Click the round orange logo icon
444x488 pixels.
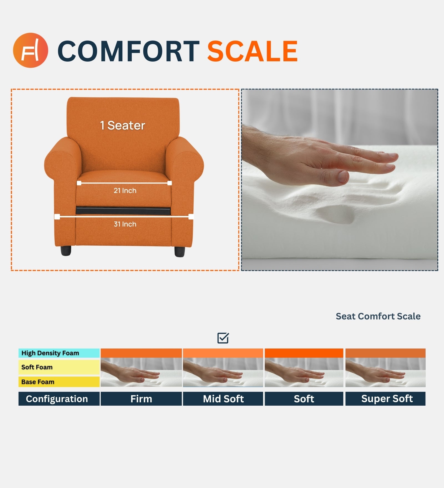31,50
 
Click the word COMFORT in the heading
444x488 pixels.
128,51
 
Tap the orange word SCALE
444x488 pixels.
253,51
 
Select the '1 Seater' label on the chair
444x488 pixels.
123,126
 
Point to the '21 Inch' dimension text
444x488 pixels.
125,191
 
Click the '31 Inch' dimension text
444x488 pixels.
125,224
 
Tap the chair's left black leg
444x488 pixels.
66,251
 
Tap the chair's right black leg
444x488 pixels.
180,251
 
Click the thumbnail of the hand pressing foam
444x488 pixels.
339,180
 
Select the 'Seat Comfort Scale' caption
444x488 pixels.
378,316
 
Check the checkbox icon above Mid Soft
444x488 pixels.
223,338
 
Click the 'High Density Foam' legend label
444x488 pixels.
50,353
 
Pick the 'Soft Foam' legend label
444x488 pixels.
37,367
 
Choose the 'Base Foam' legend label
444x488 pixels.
38,382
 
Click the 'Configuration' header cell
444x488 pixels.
57,399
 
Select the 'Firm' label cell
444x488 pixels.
141,399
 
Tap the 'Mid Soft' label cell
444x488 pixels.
223,399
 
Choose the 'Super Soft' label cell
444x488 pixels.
387,399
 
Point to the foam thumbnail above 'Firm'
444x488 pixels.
141,372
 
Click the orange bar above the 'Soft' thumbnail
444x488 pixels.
304,353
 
